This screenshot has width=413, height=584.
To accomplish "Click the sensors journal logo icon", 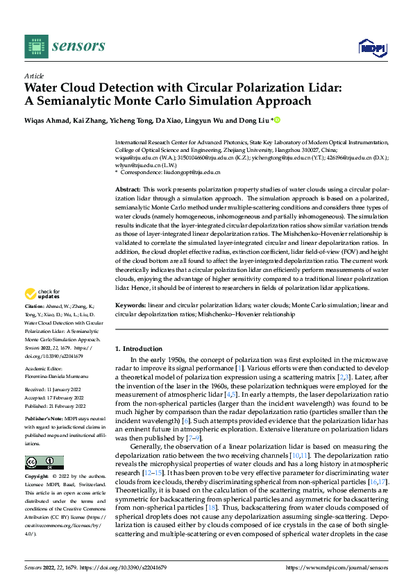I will pos(35,46).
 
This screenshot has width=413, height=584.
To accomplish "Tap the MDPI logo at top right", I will pos(369,46).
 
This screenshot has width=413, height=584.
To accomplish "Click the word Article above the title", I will pos(34,76).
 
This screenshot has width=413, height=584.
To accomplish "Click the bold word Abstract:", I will pos(128,189).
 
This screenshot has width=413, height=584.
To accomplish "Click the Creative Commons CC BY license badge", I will pos(44,463).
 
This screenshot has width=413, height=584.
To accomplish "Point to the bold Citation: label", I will pos(35,325).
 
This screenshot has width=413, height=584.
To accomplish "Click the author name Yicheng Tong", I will pos(130,121).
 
